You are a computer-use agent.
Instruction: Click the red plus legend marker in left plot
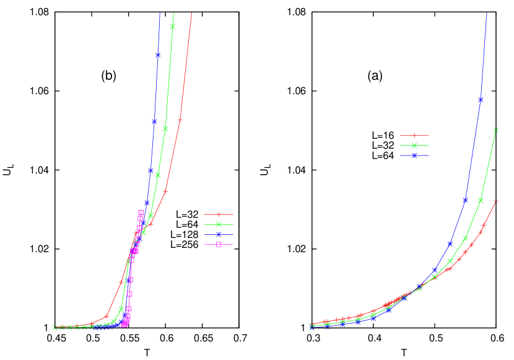click(x=219, y=214)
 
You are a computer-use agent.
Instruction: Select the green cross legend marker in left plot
click(x=219, y=224)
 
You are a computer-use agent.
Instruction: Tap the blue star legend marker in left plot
click(x=219, y=234)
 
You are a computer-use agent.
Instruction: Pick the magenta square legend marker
click(x=219, y=244)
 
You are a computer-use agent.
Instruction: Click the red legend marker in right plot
click(x=414, y=135)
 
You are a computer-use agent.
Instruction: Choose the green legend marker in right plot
click(x=414, y=145)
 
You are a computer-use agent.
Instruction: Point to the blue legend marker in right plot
click(x=414, y=155)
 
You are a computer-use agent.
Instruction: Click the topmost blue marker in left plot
click(x=158, y=55)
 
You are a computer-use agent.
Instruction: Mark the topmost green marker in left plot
click(x=173, y=26)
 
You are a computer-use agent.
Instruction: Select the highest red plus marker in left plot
click(x=180, y=120)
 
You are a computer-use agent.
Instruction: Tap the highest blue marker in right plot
click(x=481, y=99)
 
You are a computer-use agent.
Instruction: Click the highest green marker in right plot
click(x=496, y=130)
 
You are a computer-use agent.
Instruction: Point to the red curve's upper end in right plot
click(x=496, y=201)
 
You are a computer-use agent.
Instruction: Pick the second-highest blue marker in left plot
click(x=154, y=121)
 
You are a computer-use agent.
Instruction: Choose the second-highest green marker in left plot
click(x=165, y=129)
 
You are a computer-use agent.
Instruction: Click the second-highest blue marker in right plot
click(x=466, y=200)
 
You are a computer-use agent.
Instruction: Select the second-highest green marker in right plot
click(x=481, y=200)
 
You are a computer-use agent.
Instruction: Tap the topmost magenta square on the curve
click(x=141, y=213)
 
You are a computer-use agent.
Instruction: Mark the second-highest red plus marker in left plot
click(x=165, y=191)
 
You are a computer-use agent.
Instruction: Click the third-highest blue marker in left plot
click(x=150, y=171)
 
